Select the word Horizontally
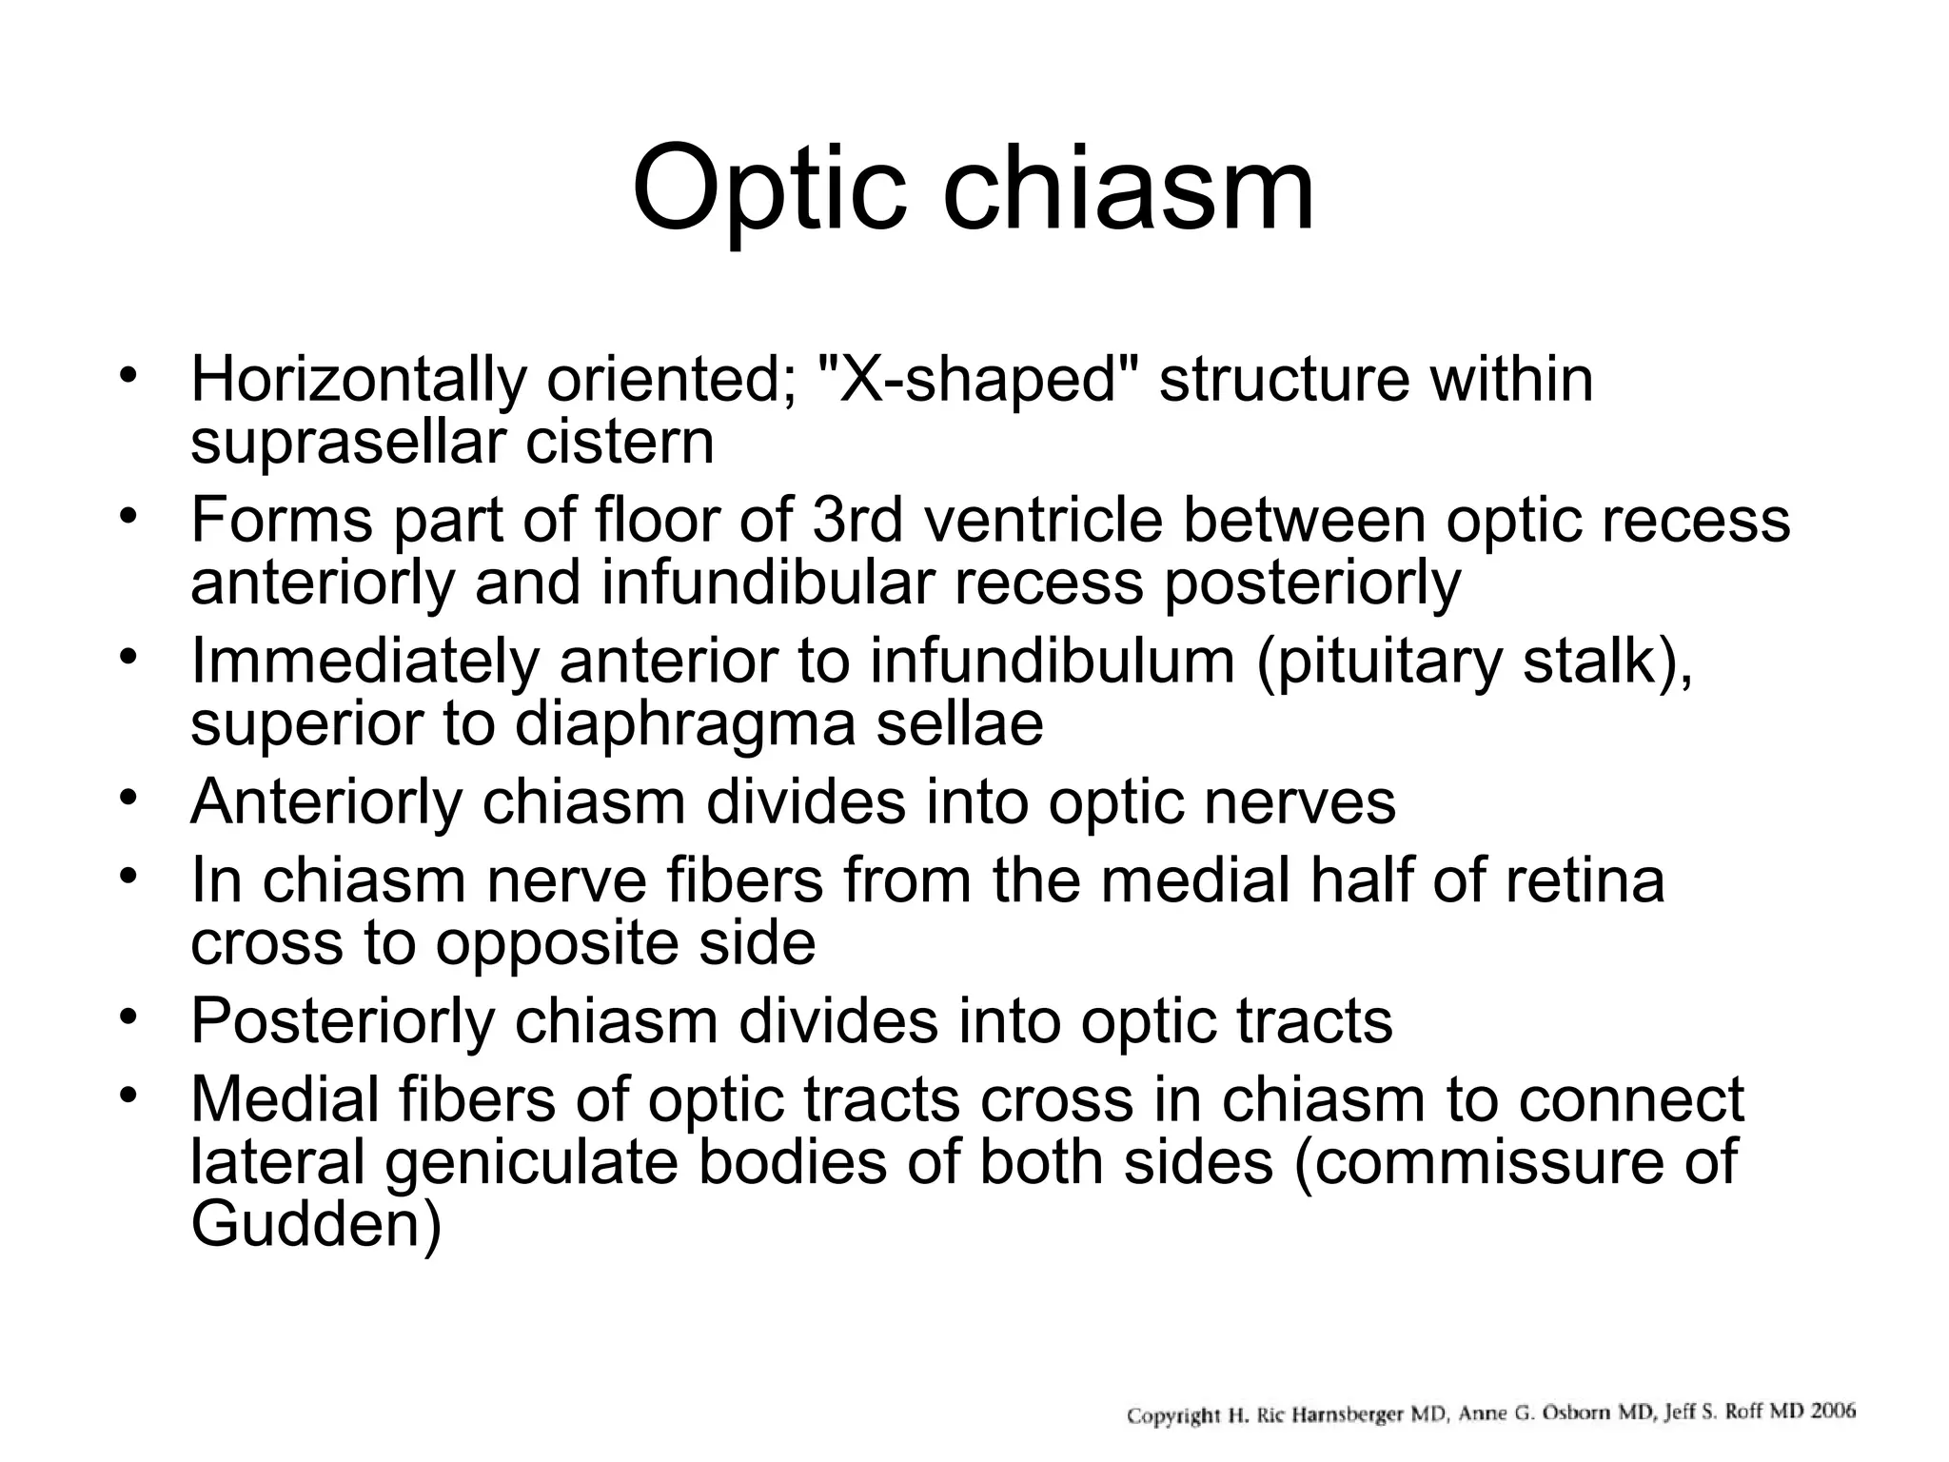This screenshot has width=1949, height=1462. click(x=358, y=379)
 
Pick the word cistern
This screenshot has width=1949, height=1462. click(x=620, y=443)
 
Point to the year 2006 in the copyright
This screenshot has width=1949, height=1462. click(x=1832, y=1411)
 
